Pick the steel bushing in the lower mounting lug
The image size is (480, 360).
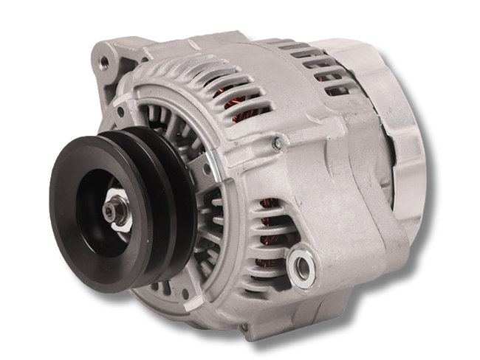pos(301,265)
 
